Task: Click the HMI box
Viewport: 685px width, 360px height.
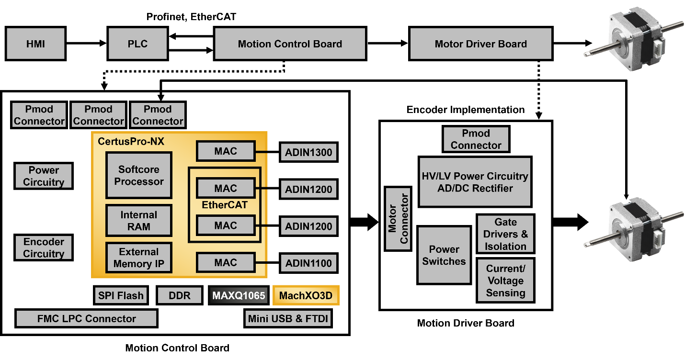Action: click(x=35, y=44)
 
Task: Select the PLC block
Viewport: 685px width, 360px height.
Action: click(x=137, y=44)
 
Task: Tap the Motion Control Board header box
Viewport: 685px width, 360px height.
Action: click(x=290, y=44)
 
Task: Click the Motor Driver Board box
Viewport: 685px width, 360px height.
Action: click(x=480, y=44)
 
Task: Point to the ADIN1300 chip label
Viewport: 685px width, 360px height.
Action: click(x=308, y=153)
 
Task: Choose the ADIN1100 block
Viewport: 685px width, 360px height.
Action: click(x=308, y=263)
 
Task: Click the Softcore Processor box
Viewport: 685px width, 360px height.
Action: click(x=139, y=175)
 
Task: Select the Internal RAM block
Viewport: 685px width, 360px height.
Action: click(x=139, y=221)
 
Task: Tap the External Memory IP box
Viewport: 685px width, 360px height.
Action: click(x=139, y=258)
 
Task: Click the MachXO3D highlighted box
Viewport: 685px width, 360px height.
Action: click(x=306, y=295)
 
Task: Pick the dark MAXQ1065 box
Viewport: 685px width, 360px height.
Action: click(x=239, y=295)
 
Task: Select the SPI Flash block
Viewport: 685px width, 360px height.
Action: click(x=121, y=295)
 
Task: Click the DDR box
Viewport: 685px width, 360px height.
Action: click(x=180, y=295)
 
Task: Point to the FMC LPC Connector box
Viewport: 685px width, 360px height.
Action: click(x=86, y=318)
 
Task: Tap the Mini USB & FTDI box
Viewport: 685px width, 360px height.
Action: click(x=288, y=318)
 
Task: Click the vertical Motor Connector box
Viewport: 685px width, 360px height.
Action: click(x=398, y=219)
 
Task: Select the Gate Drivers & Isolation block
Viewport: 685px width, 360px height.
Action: click(x=505, y=234)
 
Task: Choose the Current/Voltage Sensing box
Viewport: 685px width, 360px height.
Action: click(x=505, y=281)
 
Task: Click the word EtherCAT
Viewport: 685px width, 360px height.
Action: click(x=225, y=205)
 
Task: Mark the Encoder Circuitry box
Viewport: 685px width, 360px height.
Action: click(x=44, y=247)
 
